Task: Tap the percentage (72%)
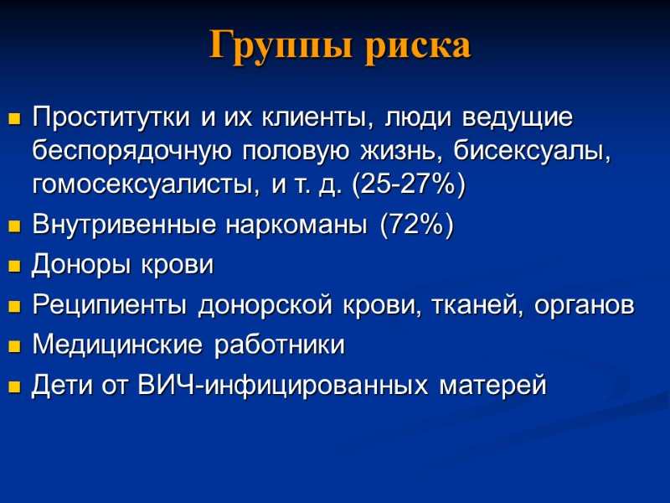point(416,226)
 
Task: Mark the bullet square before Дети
point(13,388)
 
